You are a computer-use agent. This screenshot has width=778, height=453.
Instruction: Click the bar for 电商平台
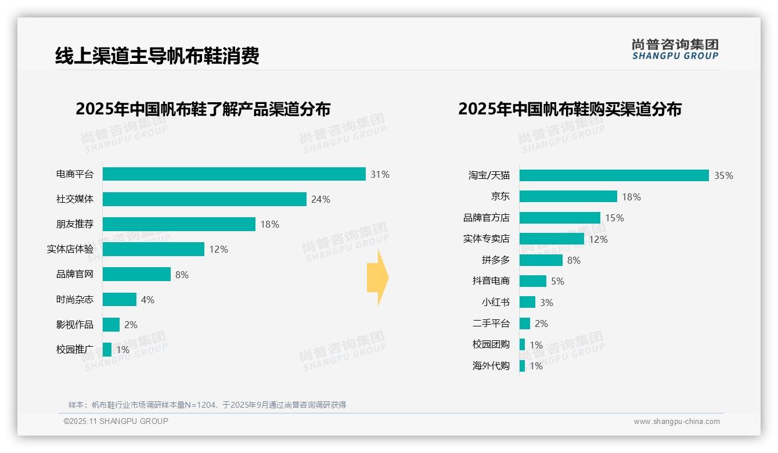(234, 174)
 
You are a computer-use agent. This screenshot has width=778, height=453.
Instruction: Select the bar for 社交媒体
(204, 199)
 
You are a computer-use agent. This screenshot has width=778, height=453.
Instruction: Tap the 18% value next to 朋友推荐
(269, 224)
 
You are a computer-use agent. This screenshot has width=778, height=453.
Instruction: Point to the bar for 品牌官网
(136, 274)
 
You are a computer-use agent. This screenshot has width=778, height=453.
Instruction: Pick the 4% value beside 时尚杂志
(147, 300)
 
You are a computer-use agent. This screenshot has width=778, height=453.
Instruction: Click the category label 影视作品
(74, 325)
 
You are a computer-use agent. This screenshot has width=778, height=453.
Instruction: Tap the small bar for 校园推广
(107, 350)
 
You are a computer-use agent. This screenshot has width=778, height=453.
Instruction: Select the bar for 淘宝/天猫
(614, 175)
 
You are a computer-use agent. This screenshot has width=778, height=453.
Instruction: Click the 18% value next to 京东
(631, 197)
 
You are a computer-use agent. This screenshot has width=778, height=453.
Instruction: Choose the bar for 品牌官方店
(560, 218)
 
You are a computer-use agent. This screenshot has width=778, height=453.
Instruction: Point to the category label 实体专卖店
(486, 239)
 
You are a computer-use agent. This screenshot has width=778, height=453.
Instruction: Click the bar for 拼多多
(541, 260)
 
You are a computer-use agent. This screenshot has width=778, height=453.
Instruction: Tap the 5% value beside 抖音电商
(557, 281)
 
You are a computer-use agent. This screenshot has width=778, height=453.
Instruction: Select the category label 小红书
(495, 303)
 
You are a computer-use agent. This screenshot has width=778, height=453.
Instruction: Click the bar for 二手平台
(524, 323)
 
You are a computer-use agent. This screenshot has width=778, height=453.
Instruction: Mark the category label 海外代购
(491, 366)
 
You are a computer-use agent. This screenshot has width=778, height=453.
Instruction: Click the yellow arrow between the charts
(378, 278)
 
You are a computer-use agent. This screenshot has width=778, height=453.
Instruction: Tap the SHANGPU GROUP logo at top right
(675, 49)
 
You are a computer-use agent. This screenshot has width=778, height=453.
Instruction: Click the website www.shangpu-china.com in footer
(676, 422)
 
